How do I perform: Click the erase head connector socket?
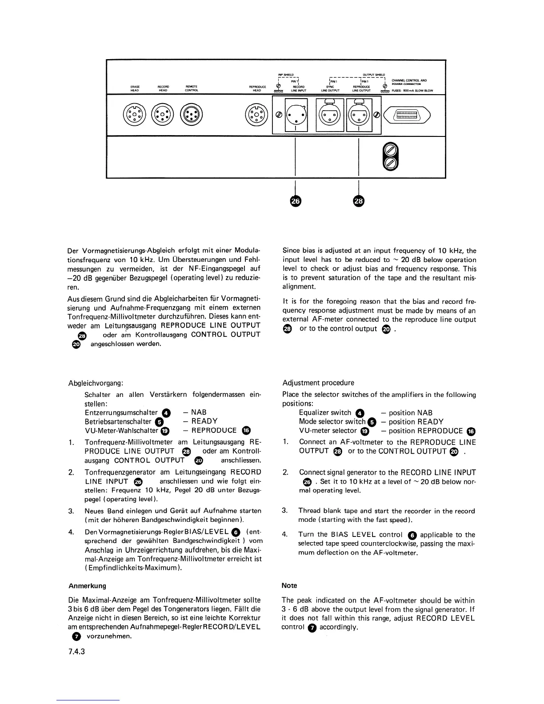click(x=135, y=115)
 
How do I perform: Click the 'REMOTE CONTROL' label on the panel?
click(x=191, y=88)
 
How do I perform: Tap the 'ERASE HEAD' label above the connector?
click(x=135, y=88)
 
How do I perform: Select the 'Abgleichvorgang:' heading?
click(x=96, y=383)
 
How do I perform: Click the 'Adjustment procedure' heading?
click(x=318, y=383)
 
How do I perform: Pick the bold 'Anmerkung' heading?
click(x=87, y=586)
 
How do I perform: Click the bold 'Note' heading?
click(x=289, y=586)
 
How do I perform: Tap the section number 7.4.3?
click(x=76, y=652)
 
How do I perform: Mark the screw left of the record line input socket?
click(x=279, y=115)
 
